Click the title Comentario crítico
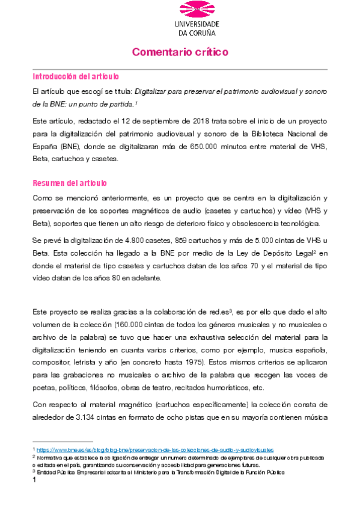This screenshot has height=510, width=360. (x=180, y=52)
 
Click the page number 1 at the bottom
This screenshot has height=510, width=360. (x=34, y=481)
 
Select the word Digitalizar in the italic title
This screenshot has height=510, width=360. (x=154, y=91)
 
